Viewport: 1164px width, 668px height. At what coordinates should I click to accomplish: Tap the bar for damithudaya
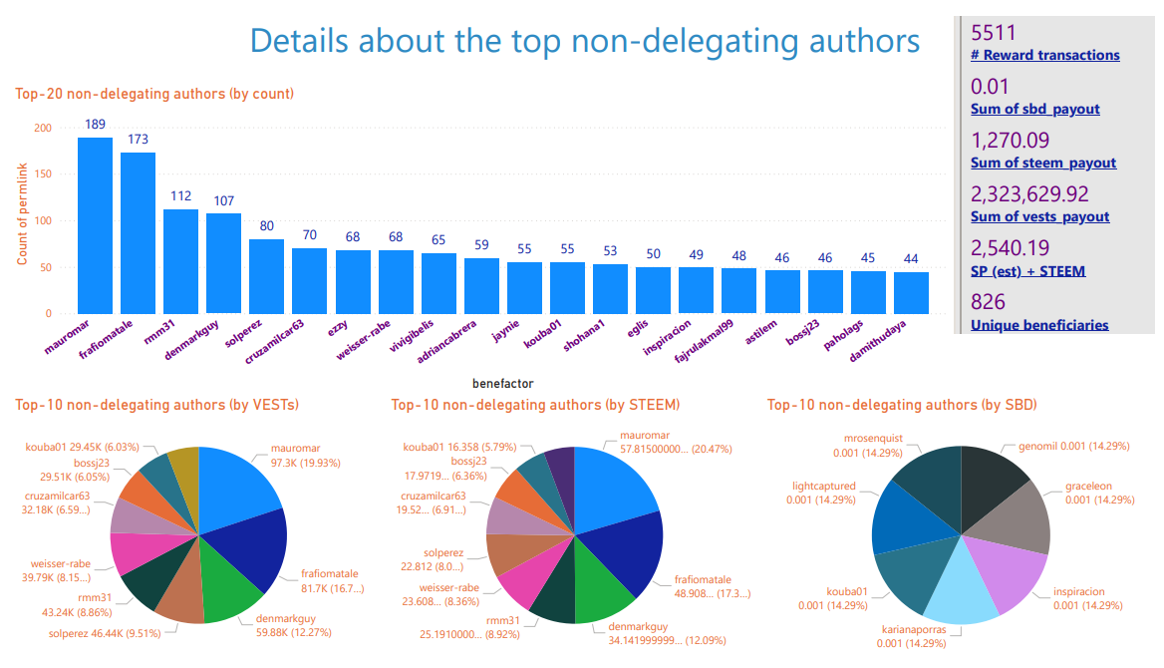coord(911,293)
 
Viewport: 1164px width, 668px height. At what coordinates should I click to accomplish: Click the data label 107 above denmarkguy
coord(222,199)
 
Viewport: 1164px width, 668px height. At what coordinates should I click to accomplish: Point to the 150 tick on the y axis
coord(43,174)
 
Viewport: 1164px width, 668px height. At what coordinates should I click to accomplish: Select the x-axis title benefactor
coord(502,383)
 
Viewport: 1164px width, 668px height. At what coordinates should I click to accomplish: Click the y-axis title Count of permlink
coord(22,221)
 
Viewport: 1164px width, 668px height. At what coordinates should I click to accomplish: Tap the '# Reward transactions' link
coord(1044,55)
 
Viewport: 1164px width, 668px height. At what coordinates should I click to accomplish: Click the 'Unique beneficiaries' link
coord(1039,324)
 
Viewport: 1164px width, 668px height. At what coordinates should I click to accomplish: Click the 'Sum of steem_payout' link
coord(1043,163)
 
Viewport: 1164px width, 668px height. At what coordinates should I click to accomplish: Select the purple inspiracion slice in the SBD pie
coord(1012,572)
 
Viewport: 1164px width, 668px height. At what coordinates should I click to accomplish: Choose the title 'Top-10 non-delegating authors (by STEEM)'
coord(535,405)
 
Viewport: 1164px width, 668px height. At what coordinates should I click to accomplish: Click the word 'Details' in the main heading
coord(299,41)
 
